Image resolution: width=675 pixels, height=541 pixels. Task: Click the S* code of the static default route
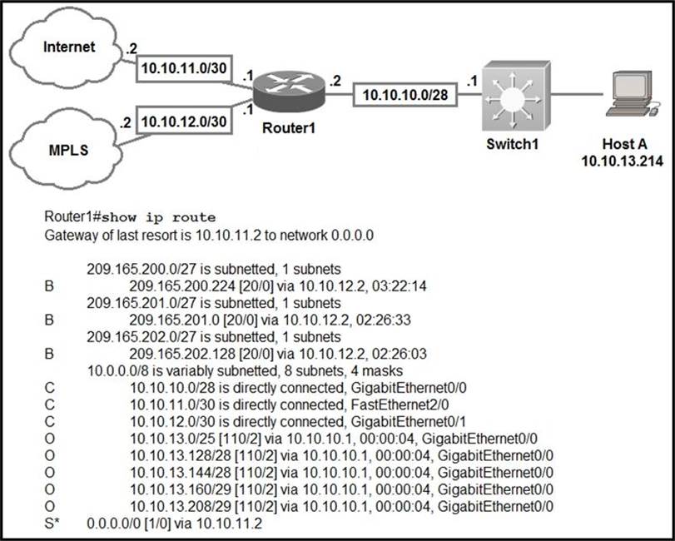click(x=52, y=524)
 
